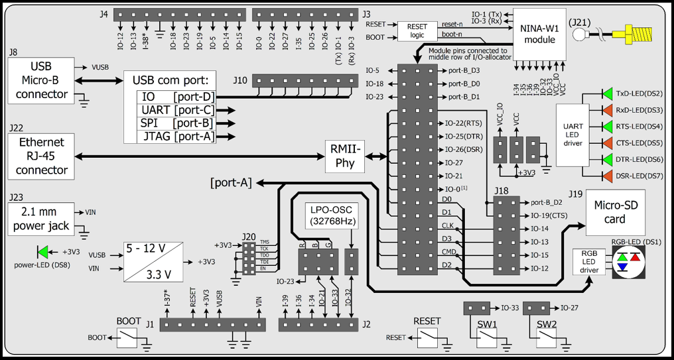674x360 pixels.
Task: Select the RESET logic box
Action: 417,30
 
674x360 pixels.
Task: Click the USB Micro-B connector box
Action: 40,81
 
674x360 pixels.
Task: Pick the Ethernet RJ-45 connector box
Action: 42,156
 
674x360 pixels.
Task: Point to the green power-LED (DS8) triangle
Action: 44,252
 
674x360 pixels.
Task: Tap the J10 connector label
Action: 239,80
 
